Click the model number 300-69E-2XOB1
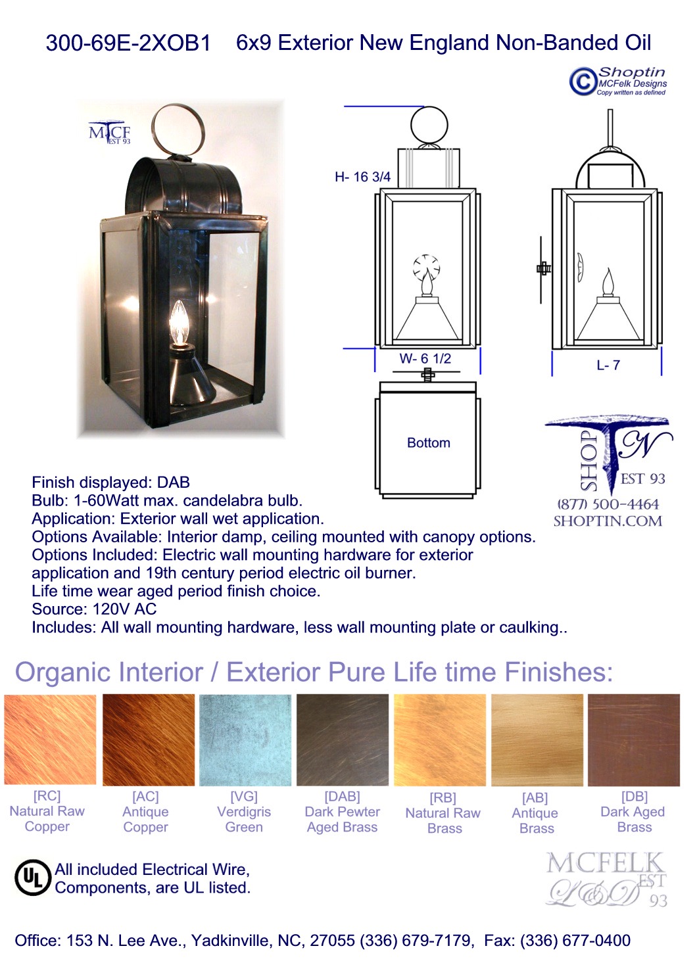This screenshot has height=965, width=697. tap(128, 43)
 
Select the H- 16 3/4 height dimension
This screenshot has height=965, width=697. tap(362, 177)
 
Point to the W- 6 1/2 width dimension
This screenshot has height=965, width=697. tap(425, 358)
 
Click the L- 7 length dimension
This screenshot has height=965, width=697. tap(608, 365)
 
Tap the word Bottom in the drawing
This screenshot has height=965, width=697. tap(429, 443)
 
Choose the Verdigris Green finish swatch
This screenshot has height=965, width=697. tap(245, 740)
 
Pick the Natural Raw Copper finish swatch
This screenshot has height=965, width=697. tap(50, 740)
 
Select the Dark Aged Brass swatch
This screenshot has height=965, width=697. tap(634, 740)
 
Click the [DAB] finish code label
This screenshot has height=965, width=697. tap(342, 797)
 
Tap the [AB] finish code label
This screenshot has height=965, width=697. tap(535, 798)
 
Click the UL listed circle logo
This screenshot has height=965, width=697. tap(33, 878)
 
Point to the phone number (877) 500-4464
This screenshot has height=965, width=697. tap(608, 504)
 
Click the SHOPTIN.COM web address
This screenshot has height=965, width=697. tap(608, 521)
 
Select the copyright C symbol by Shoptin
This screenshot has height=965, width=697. tap(583, 81)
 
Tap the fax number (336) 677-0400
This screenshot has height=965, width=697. tap(576, 940)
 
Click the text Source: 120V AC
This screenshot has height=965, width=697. tap(94, 609)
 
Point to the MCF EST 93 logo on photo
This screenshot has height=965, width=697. tap(110, 132)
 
